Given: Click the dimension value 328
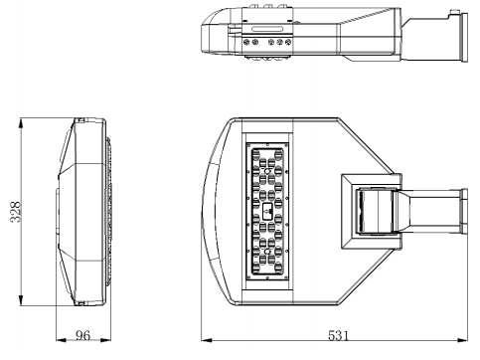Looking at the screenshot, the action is tap(16, 212).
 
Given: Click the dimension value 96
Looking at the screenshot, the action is tap(82, 335).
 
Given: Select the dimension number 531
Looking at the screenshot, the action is tap(339, 335).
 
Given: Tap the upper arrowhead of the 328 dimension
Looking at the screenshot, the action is tap(21, 125).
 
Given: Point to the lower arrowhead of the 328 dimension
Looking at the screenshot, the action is tap(21, 298).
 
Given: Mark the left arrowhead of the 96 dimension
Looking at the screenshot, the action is tap(62, 340).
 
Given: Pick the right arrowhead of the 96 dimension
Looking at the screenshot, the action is tap(105, 340).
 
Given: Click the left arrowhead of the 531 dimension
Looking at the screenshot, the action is tap(207, 340).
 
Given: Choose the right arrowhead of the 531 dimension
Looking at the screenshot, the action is tap(462, 340).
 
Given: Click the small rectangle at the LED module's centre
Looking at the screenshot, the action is tap(267, 211).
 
